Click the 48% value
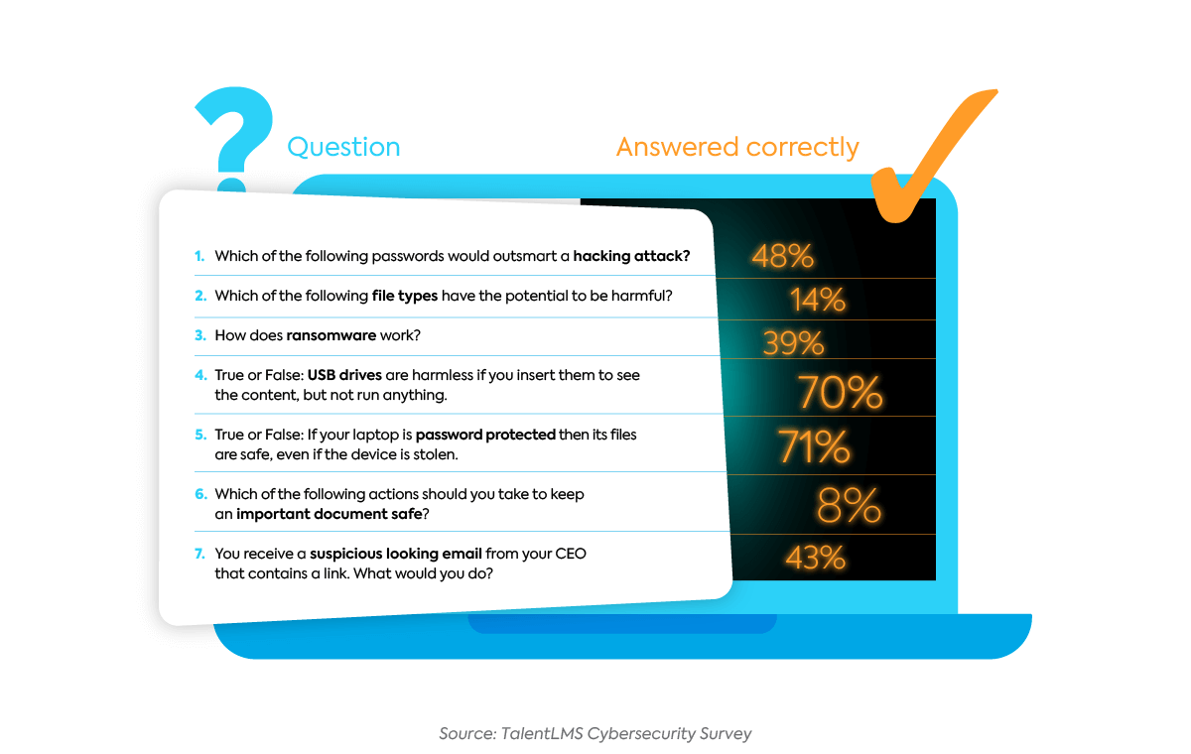coord(782,256)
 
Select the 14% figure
coord(817,299)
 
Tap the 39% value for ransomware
coord(793,343)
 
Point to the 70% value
coord(840,392)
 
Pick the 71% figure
coord(814,447)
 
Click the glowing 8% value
coord(849,505)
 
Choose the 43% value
coord(814,558)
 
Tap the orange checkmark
coord(928,154)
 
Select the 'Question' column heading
coord(343,148)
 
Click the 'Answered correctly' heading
coord(737,148)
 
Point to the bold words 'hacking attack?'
coord(631,256)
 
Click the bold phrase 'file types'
coord(403,296)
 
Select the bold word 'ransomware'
coord(331,335)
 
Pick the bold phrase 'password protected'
coord(485,436)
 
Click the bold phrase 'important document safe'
coord(328,514)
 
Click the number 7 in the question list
coord(199,554)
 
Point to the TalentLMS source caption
coord(595,734)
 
